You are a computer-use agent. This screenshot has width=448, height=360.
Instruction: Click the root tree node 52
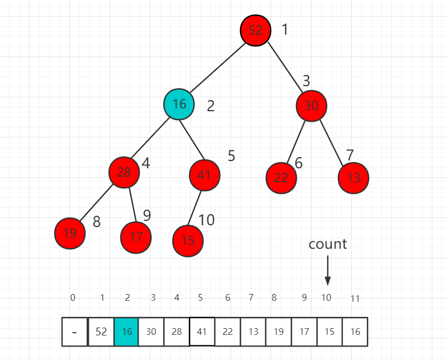pyautogui.click(x=256, y=30)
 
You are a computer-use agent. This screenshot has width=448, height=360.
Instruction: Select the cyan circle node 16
pyautogui.click(x=179, y=104)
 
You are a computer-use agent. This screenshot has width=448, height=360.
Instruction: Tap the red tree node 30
pyautogui.click(x=312, y=105)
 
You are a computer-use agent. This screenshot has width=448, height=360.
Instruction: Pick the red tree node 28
pyautogui.click(x=124, y=172)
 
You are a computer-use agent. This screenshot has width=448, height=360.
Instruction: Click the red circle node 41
pyautogui.click(x=204, y=175)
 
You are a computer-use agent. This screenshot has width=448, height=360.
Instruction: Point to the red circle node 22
pyautogui.click(x=281, y=178)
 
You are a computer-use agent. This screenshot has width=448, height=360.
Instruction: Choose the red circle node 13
pyautogui.click(x=353, y=178)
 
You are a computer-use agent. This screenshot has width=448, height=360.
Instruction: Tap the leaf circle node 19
pyautogui.click(x=70, y=233)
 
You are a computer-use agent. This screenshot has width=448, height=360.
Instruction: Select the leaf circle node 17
pyautogui.click(x=136, y=237)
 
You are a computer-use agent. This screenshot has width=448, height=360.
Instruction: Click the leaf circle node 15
pyautogui.click(x=188, y=240)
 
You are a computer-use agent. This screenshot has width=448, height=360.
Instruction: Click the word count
pyautogui.click(x=328, y=244)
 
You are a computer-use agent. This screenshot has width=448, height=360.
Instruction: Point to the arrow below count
pyautogui.click(x=328, y=271)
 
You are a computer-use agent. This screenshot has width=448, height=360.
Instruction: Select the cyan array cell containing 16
pyautogui.click(x=126, y=331)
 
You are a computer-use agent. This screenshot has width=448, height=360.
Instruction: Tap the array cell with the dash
pyautogui.click(x=75, y=331)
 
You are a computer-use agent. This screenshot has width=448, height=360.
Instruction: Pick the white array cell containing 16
pyautogui.click(x=355, y=331)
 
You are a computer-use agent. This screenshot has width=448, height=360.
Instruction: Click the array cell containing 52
pyautogui.click(x=101, y=331)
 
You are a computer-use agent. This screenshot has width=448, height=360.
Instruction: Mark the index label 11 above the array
pyautogui.click(x=355, y=299)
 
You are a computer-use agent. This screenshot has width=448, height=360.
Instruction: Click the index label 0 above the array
pyautogui.click(x=73, y=297)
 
